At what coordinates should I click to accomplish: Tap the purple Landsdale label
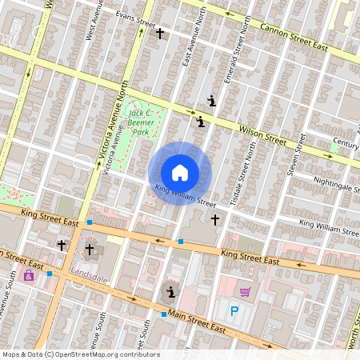[89, 270]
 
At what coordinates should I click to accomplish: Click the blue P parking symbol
[234, 312]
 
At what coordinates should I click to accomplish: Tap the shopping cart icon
[245, 292]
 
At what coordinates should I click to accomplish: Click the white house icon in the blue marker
[180, 172]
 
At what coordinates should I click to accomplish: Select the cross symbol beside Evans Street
[160, 33]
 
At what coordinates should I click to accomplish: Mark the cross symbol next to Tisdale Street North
[214, 218]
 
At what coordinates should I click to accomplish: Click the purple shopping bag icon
[29, 275]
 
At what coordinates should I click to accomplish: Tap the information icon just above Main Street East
[169, 291]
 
